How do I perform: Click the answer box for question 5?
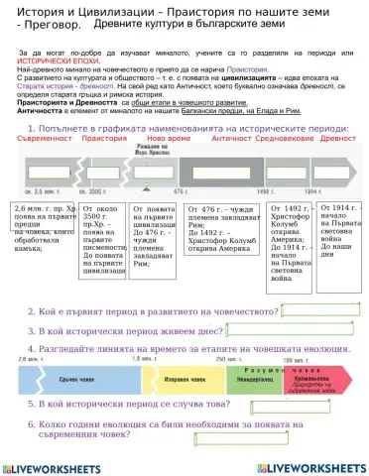[277, 405]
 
